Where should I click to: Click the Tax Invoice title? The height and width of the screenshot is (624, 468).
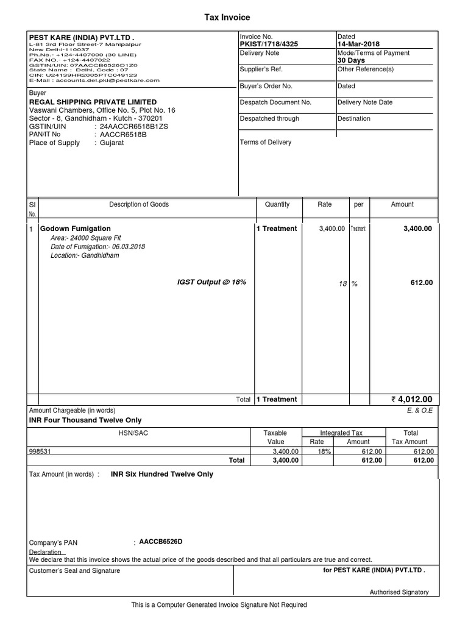[x=227, y=18]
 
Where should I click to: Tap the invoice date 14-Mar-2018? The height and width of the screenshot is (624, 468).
[x=358, y=44]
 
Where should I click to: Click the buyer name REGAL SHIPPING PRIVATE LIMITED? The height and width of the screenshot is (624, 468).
[x=93, y=102]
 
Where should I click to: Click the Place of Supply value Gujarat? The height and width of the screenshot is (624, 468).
[x=112, y=143]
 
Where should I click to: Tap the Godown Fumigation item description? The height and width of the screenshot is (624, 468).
[x=67, y=229]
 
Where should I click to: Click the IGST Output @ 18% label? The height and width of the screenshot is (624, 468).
[x=211, y=282]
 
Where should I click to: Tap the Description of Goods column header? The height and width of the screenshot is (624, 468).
[x=139, y=205]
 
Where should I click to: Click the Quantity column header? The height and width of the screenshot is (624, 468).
[x=277, y=205]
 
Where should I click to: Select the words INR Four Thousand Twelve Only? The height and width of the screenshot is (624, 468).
[x=85, y=420]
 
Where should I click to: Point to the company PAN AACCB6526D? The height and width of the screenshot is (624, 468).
[x=161, y=542]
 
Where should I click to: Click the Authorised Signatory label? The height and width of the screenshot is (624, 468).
[x=399, y=592]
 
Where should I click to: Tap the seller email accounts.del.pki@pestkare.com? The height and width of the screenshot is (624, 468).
[x=94, y=80]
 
